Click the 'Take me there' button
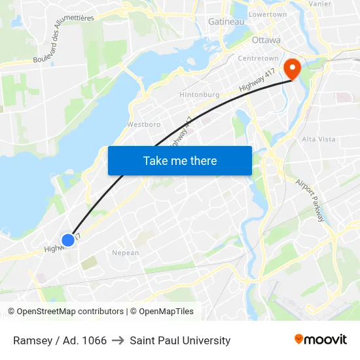180,160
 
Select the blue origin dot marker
67,240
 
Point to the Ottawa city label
266,40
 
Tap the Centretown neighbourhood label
257,58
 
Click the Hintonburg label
199,94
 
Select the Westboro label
143,124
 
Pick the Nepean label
125,253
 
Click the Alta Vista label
318,139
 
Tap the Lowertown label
268,14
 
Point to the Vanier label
319,3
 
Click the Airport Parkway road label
310,200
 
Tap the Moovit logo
320,340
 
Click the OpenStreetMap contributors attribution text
70,312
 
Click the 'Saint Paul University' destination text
180,340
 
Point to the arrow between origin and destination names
118,340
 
